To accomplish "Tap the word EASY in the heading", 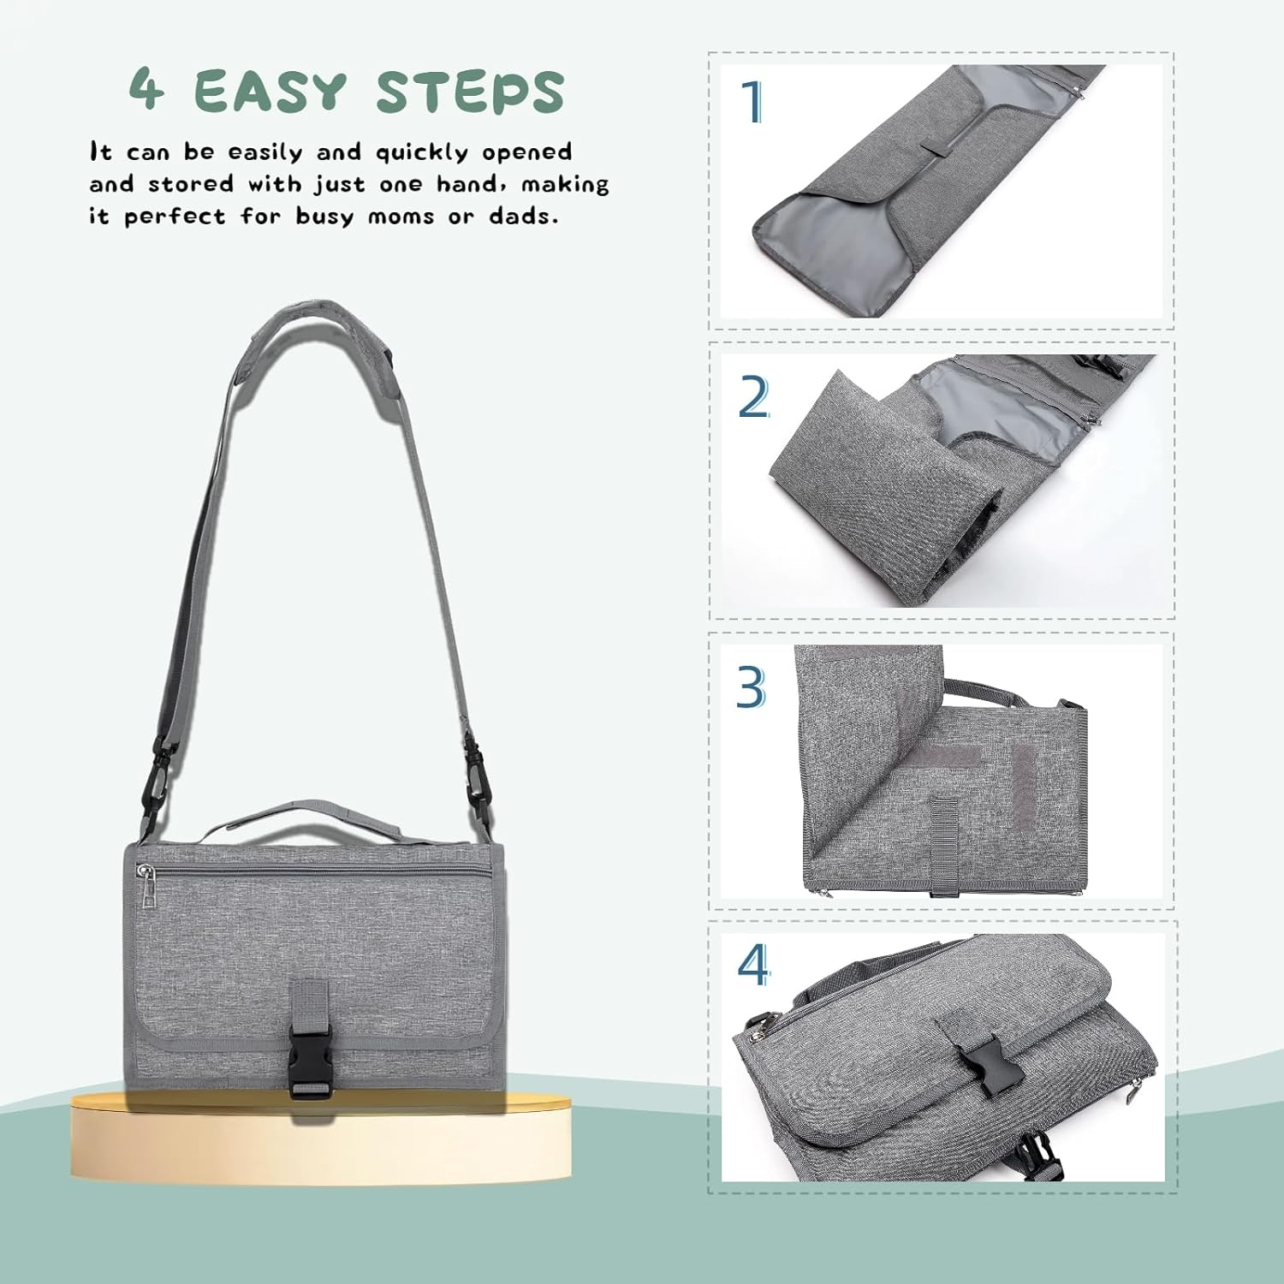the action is point(270,91).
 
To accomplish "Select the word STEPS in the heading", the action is point(470,92).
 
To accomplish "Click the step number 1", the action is point(752,102).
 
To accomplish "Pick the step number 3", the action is point(751,687).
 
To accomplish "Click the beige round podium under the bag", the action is point(320,1138).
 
